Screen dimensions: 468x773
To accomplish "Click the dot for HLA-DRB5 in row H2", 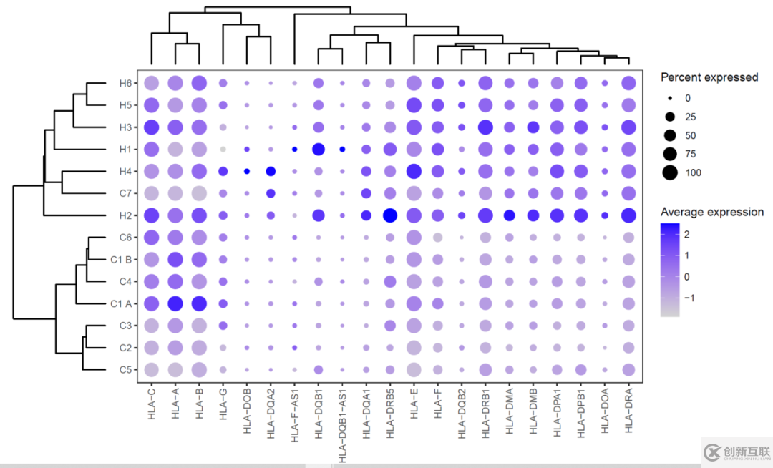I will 390,215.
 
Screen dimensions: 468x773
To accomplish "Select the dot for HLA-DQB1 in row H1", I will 319,150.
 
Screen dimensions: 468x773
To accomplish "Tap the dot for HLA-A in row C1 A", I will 175,303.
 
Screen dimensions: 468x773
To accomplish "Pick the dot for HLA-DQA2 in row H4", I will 271,172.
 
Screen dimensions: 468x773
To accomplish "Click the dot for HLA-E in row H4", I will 414,172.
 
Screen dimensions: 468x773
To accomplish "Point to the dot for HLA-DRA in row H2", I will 628,215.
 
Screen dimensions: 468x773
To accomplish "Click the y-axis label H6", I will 126,84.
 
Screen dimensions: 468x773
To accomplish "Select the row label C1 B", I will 122,259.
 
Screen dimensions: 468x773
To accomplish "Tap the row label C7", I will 126,193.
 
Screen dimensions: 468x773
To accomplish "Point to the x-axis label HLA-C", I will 151,405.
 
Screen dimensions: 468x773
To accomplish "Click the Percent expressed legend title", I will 709,77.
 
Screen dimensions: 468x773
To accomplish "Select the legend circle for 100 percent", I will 671,172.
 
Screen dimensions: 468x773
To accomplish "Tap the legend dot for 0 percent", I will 671,98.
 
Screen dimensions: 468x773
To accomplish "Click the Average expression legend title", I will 711,212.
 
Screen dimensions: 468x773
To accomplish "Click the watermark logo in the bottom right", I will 736,452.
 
